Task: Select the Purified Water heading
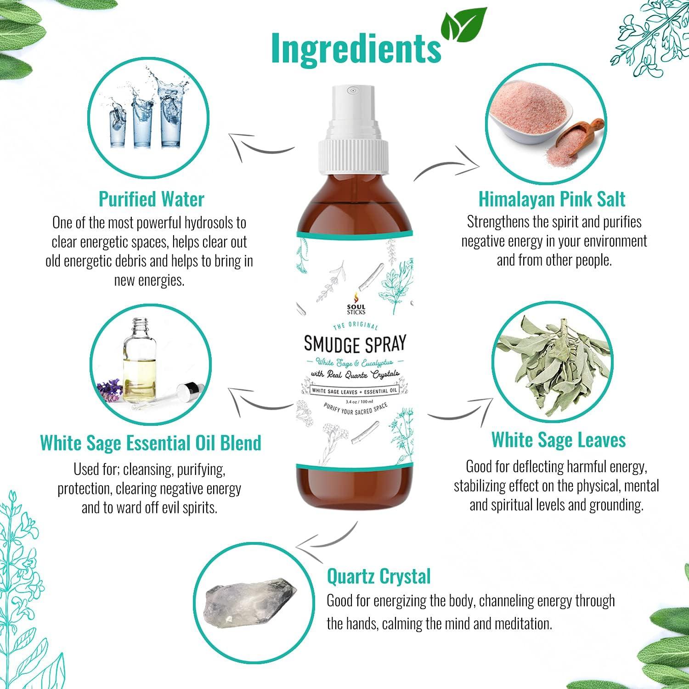(x=151, y=199)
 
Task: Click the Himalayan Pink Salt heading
(x=552, y=199)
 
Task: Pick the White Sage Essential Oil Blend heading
(x=151, y=442)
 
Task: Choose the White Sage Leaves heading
(x=559, y=440)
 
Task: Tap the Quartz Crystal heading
(x=378, y=576)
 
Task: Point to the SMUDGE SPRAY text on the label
(x=355, y=343)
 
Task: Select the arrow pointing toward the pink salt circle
(x=448, y=164)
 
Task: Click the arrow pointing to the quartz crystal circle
(x=326, y=537)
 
